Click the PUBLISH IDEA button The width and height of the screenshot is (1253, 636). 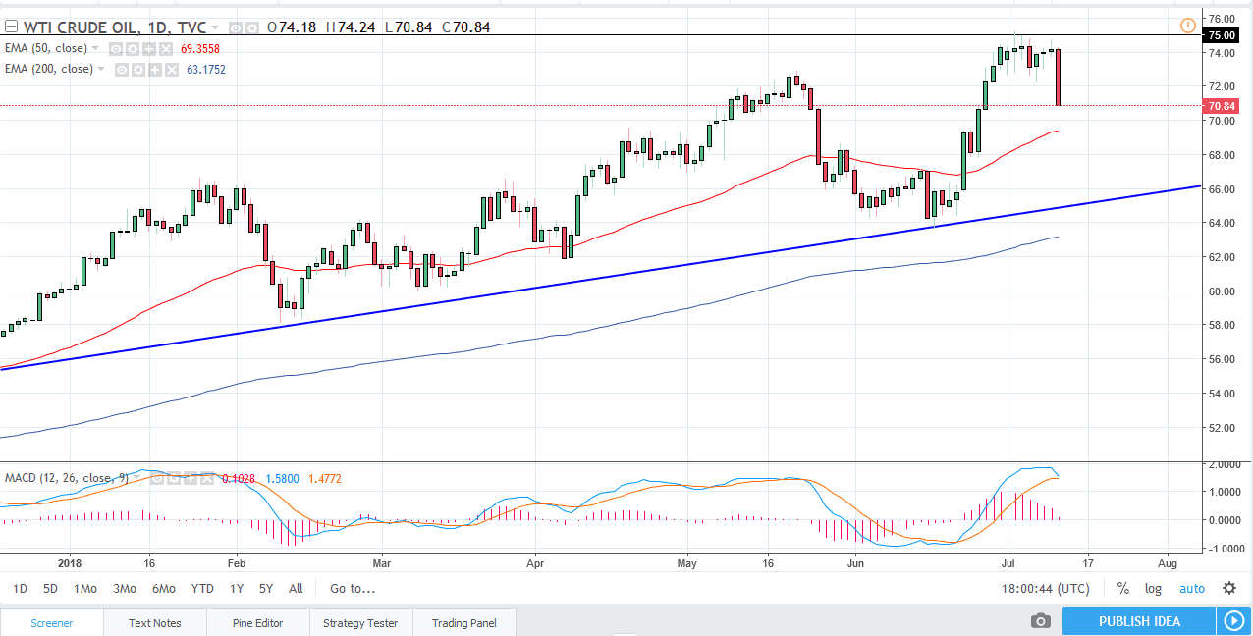(1138, 621)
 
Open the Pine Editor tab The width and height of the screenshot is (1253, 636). (257, 623)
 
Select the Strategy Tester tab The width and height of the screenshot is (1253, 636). (360, 623)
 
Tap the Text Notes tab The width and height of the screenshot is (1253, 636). (154, 623)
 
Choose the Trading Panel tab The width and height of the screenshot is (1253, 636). (463, 623)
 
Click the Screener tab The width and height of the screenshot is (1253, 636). (51, 623)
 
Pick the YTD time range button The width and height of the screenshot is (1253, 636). (202, 589)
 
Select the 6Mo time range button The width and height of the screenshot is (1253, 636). (163, 589)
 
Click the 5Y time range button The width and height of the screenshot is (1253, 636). (266, 589)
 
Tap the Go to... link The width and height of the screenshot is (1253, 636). (353, 589)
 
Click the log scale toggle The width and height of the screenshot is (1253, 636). (1153, 589)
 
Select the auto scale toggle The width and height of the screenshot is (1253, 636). (1191, 589)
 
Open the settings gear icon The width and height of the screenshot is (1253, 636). (1229, 589)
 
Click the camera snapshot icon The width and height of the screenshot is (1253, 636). (1041, 621)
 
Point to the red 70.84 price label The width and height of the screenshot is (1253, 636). (1222, 106)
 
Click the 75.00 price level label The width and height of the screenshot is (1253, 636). (1222, 35)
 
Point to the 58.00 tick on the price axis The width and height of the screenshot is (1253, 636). (1222, 325)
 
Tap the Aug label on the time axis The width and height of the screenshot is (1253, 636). (1168, 564)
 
